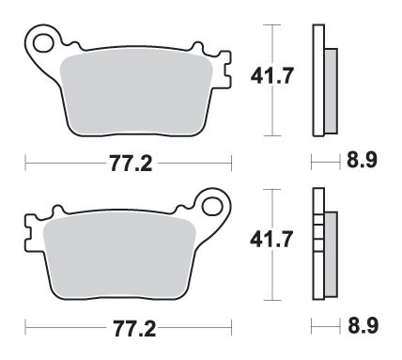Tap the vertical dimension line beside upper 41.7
272,113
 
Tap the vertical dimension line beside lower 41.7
272,282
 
